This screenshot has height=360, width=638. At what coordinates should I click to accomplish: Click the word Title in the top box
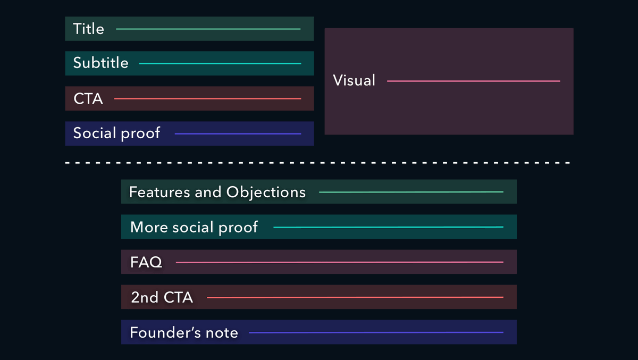(88, 29)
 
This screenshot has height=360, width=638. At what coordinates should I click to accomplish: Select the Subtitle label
(100, 63)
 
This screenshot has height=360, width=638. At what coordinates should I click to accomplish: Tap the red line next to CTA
(207, 99)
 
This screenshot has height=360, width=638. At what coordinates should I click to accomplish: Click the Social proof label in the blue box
(116, 133)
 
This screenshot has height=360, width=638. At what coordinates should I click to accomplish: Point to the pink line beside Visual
(473, 81)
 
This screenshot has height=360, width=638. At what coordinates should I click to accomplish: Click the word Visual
(354, 81)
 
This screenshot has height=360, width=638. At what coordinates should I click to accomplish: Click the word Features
(159, 192)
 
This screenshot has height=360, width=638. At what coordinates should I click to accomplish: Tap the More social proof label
(194, 228)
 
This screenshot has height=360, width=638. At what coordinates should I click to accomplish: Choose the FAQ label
(146, 263)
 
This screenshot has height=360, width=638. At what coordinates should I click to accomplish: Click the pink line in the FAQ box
(339, 262)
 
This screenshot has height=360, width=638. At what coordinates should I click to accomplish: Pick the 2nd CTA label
(162, 298)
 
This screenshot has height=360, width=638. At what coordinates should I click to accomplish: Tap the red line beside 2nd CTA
(355, 298)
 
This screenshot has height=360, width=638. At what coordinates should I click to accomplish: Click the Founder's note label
(183, 333)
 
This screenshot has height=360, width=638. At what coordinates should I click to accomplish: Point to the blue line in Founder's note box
(375, 333)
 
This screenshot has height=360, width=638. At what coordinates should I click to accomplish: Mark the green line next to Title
(208, 29)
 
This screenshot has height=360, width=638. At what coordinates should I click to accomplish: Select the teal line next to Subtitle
(220, 64)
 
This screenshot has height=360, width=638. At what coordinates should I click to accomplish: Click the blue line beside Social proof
(238, 134)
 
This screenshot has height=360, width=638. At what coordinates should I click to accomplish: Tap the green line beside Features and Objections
(410, 192)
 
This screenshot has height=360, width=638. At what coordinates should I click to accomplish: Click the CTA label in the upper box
(88, 99)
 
